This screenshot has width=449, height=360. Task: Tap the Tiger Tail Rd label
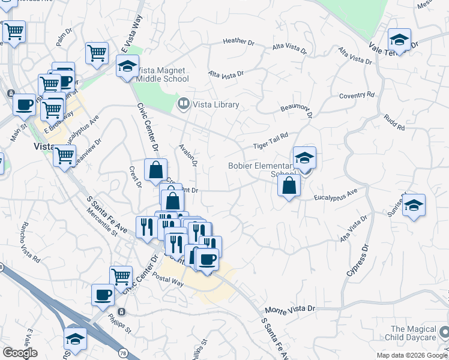[x=270, y=140]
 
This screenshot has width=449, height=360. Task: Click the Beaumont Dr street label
[x=297, y=108]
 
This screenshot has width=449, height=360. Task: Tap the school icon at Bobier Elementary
[x=304, y=158]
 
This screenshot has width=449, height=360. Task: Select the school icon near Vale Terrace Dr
[x=399, y=40]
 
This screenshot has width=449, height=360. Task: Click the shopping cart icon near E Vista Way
[x=97, y=53]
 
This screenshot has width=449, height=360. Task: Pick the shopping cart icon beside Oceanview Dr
[x=64, y=157]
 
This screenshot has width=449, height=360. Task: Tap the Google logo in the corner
[x=20, y=352]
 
